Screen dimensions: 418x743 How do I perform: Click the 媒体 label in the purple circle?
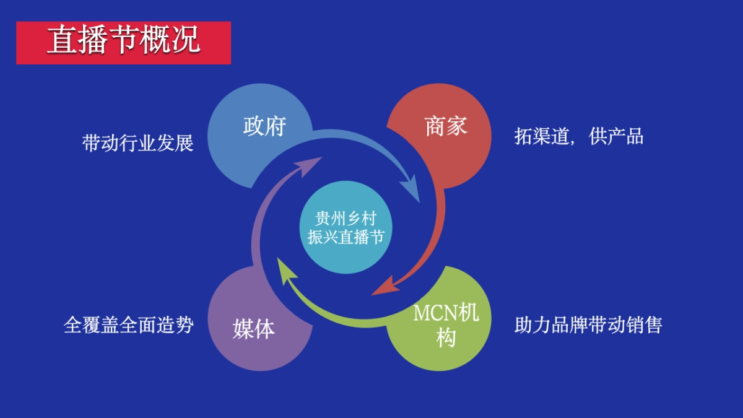coord(254,329)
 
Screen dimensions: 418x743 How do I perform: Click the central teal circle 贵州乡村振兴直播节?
coord(346,227)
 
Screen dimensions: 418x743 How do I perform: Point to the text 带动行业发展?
coord(138,143)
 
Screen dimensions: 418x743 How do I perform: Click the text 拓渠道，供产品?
coord(578,136)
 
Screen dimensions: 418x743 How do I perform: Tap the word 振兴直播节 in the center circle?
coord(346,237)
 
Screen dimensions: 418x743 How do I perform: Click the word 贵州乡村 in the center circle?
coord(346,219)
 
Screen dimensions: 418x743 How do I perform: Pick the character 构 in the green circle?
coord(446,338)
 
